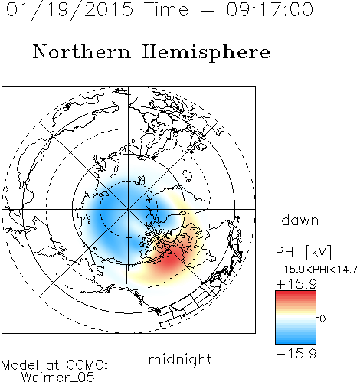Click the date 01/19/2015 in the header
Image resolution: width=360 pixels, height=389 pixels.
pos(69,10)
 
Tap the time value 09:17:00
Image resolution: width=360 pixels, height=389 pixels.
pos(270,9)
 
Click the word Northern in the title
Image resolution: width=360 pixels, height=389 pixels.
pos(82,51)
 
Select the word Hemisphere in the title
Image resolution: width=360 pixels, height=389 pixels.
pos(206,52)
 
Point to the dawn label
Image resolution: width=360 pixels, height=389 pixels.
pos(300,220)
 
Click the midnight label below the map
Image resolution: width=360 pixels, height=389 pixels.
pos(180,359)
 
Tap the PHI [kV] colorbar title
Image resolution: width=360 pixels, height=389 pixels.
pos(304,252)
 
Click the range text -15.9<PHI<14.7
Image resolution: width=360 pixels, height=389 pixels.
pos(317,270)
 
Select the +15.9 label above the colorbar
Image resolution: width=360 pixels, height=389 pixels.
pos(296,284)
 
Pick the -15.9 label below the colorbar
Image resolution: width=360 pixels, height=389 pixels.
pos(296,354)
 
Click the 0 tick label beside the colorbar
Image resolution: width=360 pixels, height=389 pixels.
pos(322,319)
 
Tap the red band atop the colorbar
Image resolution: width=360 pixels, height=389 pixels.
pos(296,296)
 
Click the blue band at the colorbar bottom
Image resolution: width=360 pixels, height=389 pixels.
pos(296,339)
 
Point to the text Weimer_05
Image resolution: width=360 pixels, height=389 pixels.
pos(58,378)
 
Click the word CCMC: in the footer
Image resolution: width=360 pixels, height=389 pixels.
pos(87,365)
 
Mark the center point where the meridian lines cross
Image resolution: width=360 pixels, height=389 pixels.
pos(129,209)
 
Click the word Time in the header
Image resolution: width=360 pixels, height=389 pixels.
pos(166,9)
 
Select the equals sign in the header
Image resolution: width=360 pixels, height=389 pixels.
pos(208,10)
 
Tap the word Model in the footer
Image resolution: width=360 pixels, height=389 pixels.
pos(20,365)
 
